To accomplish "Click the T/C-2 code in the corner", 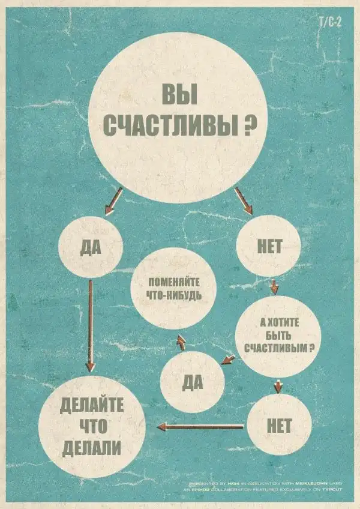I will coord(331,23).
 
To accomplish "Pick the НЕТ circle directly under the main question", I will coord(268,245).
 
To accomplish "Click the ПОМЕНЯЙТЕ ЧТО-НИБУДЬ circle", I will coord(173,289).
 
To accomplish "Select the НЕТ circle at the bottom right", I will coord(279,425).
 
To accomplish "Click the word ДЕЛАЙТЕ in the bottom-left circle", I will coord(92,405).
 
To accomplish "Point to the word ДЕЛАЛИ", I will coord(92,447).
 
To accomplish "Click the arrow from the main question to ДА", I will coord(114,200).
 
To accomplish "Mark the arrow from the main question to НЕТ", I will coord(243,200).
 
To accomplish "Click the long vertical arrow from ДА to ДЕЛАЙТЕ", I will coord(90,324).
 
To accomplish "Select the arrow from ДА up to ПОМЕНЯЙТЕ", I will coord(181,342).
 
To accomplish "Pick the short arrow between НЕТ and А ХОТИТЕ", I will coord(274,286).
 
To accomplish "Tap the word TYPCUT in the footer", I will coord(331,490).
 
